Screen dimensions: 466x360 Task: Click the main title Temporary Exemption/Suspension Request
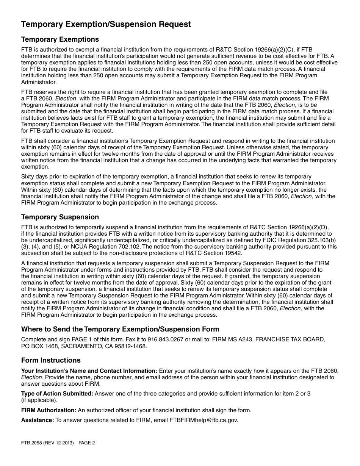106,24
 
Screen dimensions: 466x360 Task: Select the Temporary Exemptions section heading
60,39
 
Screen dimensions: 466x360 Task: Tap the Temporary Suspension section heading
60,217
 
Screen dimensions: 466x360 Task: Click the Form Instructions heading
51,360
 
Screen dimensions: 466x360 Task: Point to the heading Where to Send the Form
120,329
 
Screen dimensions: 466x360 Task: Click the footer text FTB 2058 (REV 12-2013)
47,443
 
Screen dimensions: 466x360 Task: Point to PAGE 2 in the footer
87,443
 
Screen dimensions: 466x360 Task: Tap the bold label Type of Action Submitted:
57,393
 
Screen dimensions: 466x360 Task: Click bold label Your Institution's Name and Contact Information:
89,371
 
